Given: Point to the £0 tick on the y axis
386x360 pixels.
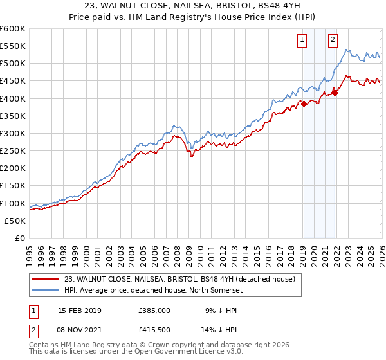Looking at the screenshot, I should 21,238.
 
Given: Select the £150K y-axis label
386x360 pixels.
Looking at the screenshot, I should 13,186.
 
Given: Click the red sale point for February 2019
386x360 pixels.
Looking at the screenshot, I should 304,104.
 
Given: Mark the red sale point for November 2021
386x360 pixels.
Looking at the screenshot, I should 335,93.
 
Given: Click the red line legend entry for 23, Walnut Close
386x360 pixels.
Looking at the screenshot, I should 179,279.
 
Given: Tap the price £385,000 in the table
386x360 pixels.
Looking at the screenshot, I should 154,310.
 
